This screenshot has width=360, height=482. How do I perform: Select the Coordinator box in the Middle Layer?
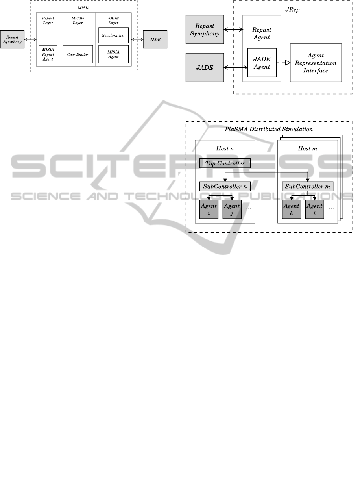coord(78,54)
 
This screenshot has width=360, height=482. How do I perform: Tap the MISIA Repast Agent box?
coord(48,54)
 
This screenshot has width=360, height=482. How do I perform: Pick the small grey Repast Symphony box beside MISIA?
coord(13,39)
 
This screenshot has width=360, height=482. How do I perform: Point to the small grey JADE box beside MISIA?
coord(155,39)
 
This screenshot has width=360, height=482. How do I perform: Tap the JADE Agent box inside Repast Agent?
coord(262,62)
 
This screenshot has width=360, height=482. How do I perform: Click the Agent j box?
coord(232,209)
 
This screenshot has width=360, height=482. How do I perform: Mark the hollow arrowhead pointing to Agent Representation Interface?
coord(286,63)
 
